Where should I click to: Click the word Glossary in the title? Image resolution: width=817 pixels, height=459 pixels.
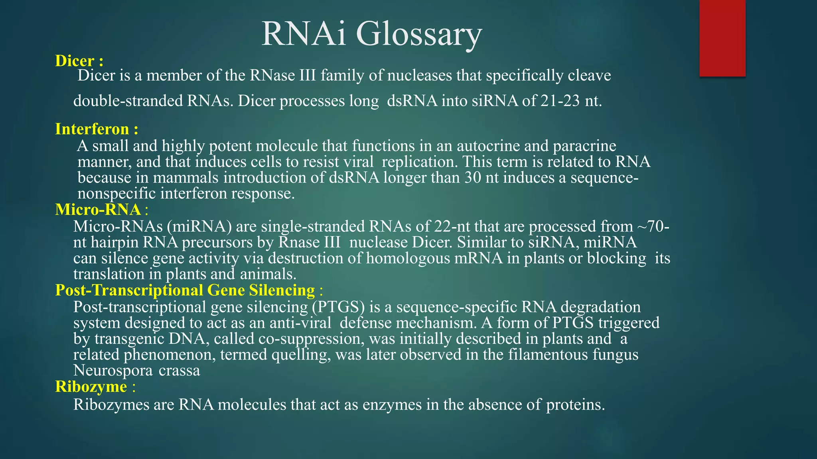coord(419,34)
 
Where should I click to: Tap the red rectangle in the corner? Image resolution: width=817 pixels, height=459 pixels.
coord(722,38)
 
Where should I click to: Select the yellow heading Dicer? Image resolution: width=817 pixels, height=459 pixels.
coord(75,61)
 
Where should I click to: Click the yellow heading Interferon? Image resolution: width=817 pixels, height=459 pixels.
coord(92,129)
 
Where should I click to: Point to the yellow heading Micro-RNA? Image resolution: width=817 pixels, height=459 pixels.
coord(98,210)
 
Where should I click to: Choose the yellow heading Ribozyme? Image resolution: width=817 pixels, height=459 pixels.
coord(91,387)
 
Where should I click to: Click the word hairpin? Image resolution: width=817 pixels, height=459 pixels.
coord(114,242)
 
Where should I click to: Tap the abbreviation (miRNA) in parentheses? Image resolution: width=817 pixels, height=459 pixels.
coord(199,226)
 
